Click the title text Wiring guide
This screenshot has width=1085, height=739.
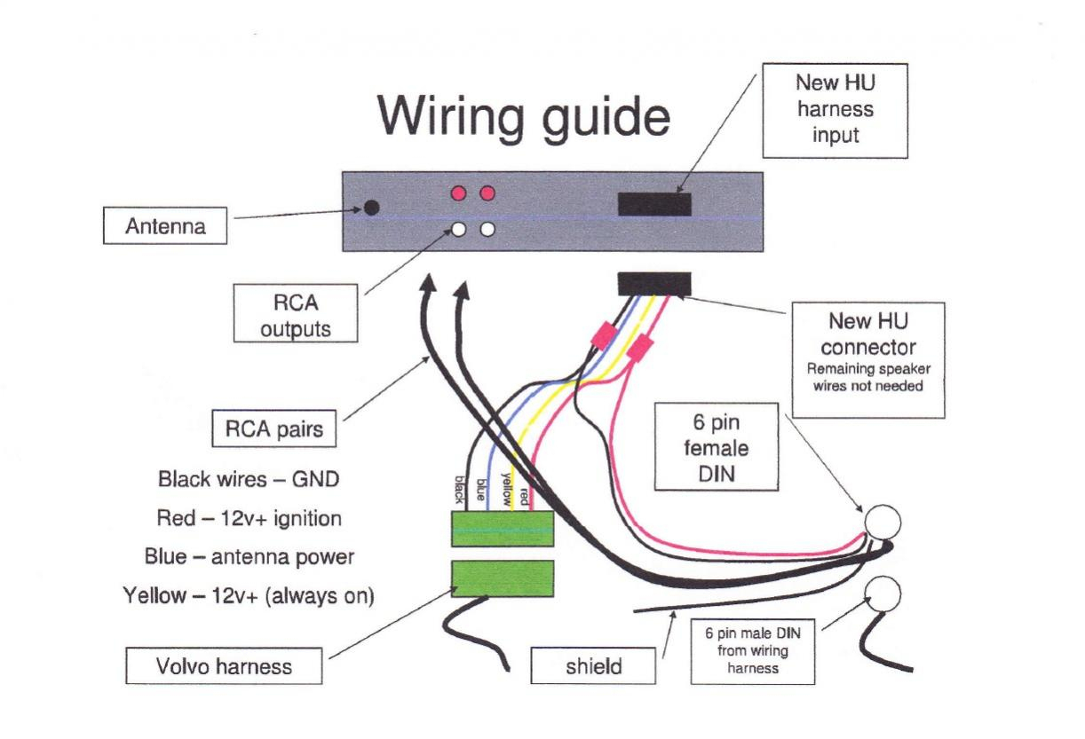tap(524, 116)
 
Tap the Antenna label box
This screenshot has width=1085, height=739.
tap(165, 226)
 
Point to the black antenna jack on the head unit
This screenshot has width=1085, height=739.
tap(372, 208)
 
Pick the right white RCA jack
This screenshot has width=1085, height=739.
tap(487, 229)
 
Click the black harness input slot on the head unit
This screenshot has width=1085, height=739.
tap(654, 204)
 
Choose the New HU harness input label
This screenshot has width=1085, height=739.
tap(835, 110)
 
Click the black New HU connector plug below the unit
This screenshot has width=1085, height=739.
tap(653, 284)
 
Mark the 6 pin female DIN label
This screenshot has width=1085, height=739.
tap(716, 448)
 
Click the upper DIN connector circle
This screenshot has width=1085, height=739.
tap(883, 522)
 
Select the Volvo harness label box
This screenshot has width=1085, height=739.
tap(224, 665)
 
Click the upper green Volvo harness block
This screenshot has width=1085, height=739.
tap(503, 529)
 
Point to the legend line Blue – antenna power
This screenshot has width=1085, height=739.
tap(249, 557)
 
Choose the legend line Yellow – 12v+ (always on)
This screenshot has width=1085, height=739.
tap(249, 595)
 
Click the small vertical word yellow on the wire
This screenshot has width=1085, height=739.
tap(505, 487)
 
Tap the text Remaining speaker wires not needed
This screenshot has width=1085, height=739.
tap(867, 377)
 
